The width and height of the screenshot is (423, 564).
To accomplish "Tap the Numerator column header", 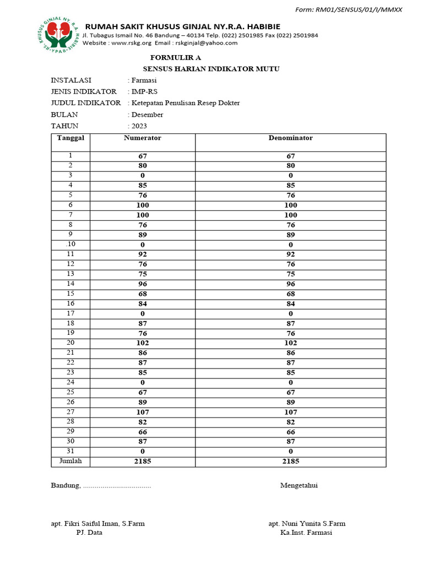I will tap(143, 138).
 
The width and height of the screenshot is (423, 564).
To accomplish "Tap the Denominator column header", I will tap(290, 138).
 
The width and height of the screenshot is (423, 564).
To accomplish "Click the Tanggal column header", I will tap(70, 138).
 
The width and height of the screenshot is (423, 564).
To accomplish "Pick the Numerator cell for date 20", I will tap(143, 343).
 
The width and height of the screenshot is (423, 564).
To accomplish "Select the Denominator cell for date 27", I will tap(290, 412).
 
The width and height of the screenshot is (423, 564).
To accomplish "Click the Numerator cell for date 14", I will tap(143, 284).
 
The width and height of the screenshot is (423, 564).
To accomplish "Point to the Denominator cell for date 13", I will tap(290, 274).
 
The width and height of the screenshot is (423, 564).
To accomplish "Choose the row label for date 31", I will tap(70, 451).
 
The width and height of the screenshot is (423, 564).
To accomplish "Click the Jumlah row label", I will tap(70, 461).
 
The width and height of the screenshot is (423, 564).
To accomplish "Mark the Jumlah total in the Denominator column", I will tap(290, 462).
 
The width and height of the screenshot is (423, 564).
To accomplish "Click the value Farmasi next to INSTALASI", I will tap(144, 80).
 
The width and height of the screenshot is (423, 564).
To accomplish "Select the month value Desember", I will tap(147, 115).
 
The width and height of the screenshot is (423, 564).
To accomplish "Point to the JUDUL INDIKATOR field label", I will tap(86, 103).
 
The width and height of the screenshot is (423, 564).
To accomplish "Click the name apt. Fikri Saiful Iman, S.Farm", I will tap(97, 524).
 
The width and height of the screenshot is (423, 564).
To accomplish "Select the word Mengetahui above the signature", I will tap(299, 486).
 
